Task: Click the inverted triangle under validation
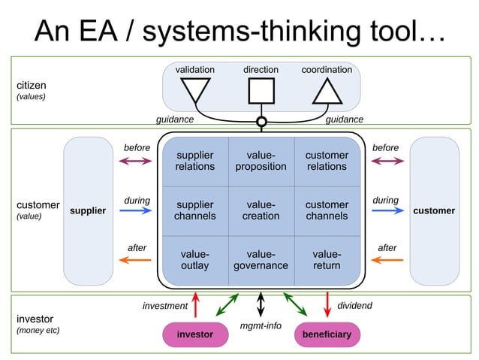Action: tap(195, 89)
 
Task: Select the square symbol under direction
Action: tap(261, 90)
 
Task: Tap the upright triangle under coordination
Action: tap(327, 92)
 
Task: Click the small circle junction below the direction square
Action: tap(261, 121)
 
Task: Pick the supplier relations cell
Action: tap(195, 161)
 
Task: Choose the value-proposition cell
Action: tap(261, 161)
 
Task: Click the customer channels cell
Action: tap(327, 210)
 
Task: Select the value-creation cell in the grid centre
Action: tap(261, 210)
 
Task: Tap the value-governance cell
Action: tap(261, 260)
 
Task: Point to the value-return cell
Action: tap(327, 260)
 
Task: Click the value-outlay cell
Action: tap(195, 260)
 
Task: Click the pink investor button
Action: tap(194, 334)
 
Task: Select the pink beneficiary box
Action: tap(327, 334)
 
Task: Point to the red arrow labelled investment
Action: tap(195, 305)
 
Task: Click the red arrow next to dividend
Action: tap(327, 305)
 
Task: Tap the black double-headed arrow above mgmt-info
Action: tap(261, 304)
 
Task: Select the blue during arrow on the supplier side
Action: tap(136, 211)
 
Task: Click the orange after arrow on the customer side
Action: tap(387, 260)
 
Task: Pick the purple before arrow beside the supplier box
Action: tap(136, 161)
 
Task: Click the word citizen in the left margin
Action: tap(32, 85)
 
